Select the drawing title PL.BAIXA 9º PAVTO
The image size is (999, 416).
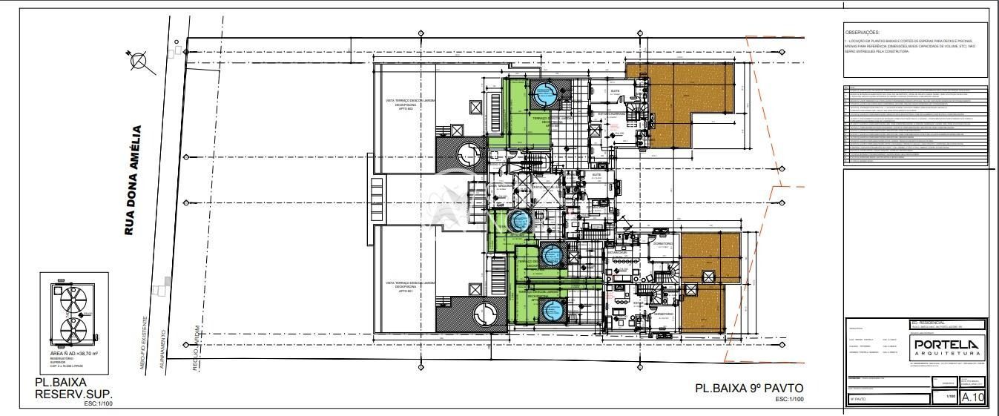[x=748, y=388]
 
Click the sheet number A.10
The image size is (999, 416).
[x=972, y=398]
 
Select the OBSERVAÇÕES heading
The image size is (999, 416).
[x=862, y=33]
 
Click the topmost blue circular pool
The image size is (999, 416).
[x=544, y=94]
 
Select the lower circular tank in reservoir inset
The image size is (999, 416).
[x=73, y=331]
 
